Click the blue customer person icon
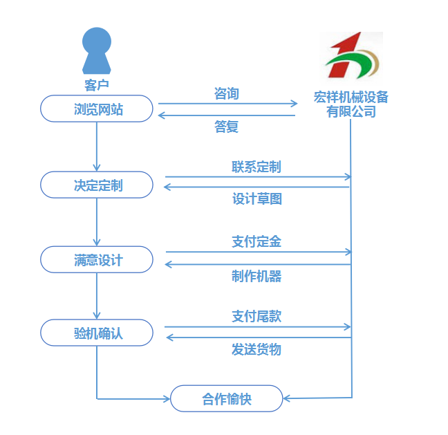pyautogui.click(x=96, y=51)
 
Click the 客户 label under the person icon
pyautogui.click(x=96, y=85)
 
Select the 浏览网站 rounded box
pyautogui.click(x=97, y=109)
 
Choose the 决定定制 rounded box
pyautogui.click(x=97, y=185)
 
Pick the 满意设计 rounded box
pyautogui.click(x=97, y=259)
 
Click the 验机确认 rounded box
pyautogui.click(x=97, y=333)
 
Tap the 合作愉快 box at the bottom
pyautogui.click(x=227, y=398)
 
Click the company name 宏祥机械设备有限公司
pyautogui.click(x=351, y=104)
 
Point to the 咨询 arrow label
pyautogui.click(x=227, y=93)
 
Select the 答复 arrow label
pyautogui.click(x=227, y=127)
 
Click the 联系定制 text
pyautogui.click(x=256, y=167)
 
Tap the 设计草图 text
pyautogui.click(x=256, y=199)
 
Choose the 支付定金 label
pyautogui.click(x=256, y=241)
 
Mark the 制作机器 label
pyautogui.click(x=256, y=276)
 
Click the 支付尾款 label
pyautogui.click(x=256, y=316)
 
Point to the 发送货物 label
pyautogui.click(x=256, y=349)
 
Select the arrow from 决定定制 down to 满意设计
pyautogui.click(x=97, y=221)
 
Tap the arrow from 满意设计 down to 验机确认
pyautogui.click(x=97, y=295)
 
